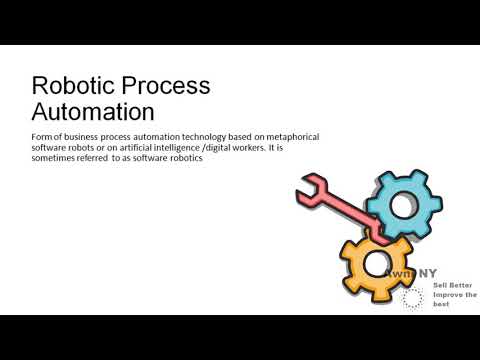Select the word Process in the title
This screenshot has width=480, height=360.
coord(163,85)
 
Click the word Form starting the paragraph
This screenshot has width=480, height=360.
coord(44,136)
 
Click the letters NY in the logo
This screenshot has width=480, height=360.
coord(427,271)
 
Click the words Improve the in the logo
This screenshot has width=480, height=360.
coord(454,295)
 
